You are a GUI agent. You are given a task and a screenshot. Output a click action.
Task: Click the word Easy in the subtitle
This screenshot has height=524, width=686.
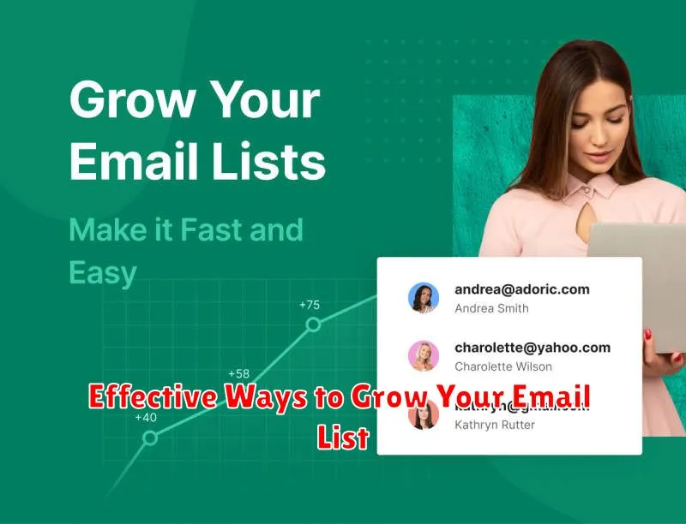103,273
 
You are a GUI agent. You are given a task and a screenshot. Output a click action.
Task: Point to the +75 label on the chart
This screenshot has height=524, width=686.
309,305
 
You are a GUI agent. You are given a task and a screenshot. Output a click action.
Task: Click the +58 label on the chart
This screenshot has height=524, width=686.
238,374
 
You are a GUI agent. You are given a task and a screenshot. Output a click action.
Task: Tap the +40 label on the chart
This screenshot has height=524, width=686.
146,418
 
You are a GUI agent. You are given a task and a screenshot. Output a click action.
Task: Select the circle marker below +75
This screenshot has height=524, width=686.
314,325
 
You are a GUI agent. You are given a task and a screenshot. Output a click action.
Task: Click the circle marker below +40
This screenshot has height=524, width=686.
150,438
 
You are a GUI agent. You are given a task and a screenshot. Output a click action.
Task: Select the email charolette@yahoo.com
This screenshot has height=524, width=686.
532,348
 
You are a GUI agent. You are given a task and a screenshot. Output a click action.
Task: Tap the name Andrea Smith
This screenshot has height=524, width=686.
491,308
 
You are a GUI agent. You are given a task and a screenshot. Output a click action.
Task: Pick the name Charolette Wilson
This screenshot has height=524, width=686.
502,366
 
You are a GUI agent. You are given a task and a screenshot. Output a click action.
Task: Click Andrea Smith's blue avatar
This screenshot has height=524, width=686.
424,298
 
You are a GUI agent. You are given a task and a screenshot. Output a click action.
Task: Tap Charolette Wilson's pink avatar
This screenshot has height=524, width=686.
424,356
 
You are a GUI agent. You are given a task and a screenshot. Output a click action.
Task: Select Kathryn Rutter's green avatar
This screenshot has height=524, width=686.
424,414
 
